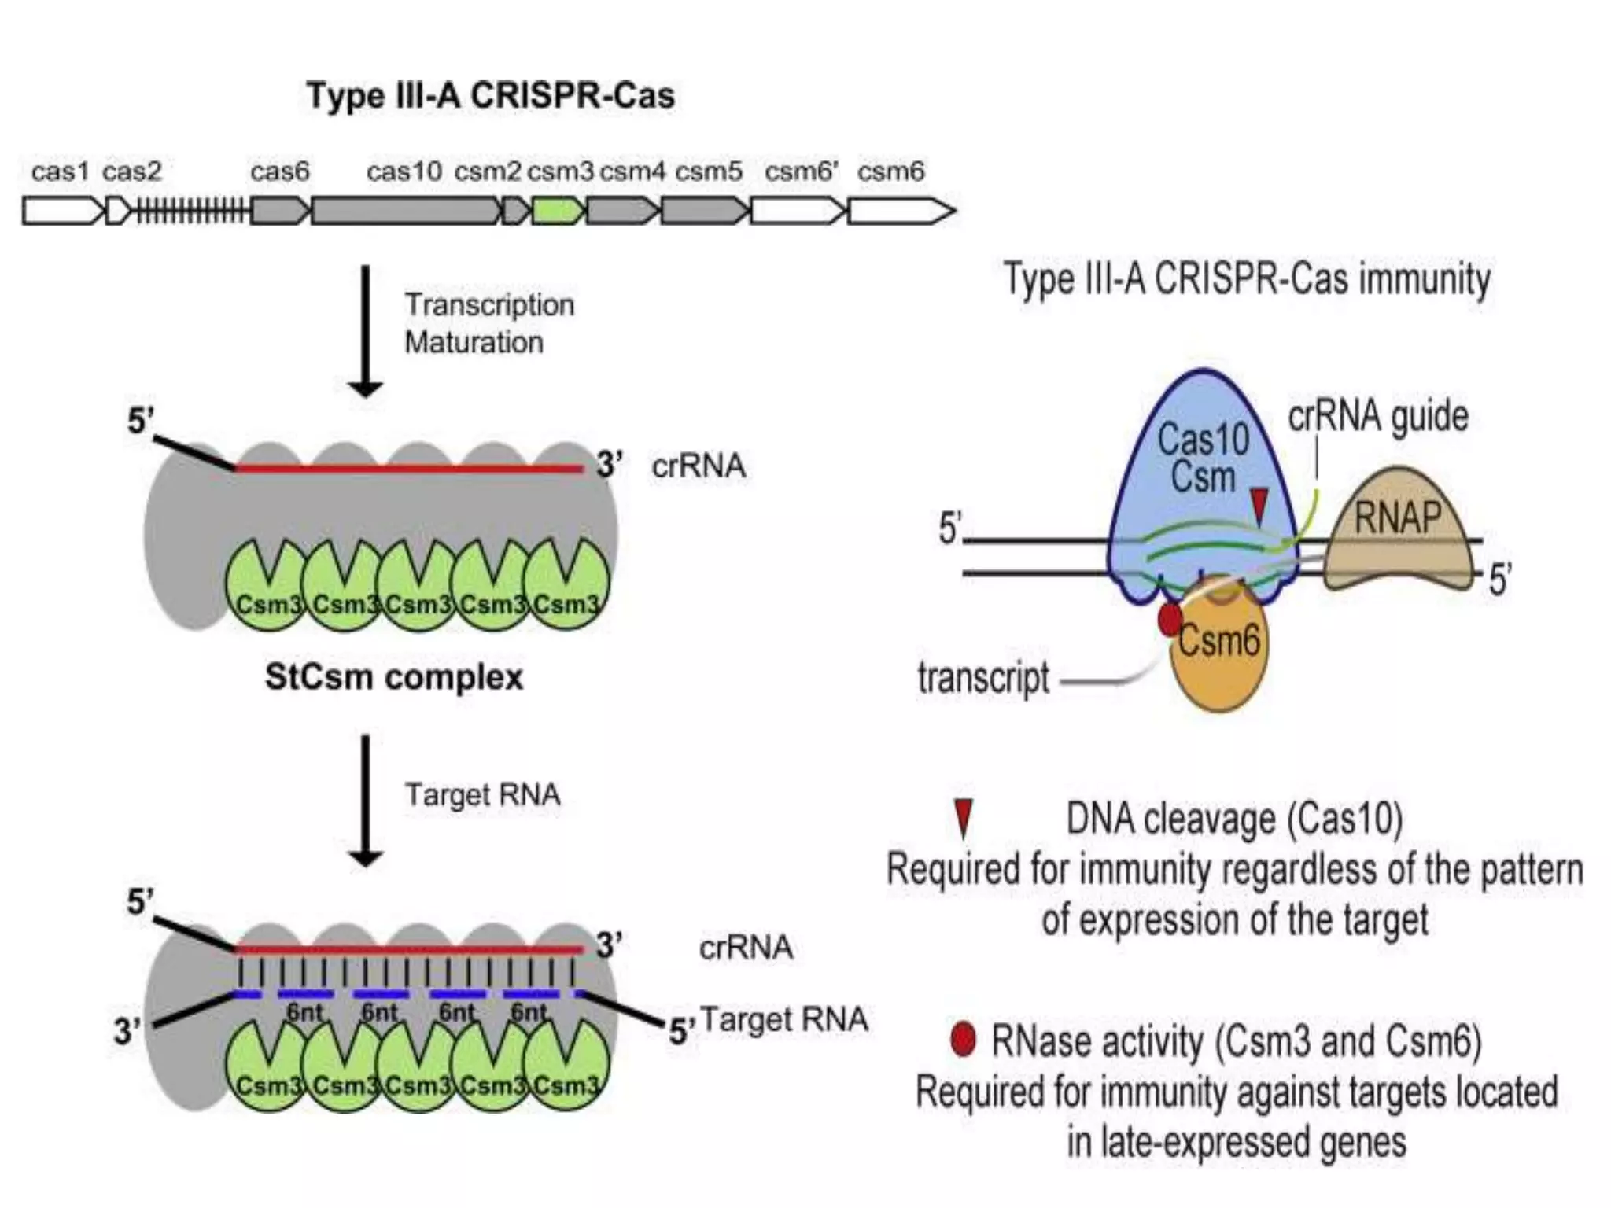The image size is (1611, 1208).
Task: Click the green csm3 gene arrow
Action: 558,211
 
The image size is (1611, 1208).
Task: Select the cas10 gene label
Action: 404,171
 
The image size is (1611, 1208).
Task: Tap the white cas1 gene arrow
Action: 61,211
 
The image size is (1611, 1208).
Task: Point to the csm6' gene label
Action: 802,171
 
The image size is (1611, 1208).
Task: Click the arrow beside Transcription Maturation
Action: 365,330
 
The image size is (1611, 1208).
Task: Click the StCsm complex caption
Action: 393,677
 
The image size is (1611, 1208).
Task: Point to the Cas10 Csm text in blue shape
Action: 1203,457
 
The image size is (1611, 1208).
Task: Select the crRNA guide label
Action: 1377,416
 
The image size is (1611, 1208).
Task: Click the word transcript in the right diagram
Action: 983,678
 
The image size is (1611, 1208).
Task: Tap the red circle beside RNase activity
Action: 962,1040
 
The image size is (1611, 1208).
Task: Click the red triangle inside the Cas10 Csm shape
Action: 1259,504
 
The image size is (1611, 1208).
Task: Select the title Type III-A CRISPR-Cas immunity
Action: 1247,279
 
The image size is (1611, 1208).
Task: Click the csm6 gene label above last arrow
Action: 890,171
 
